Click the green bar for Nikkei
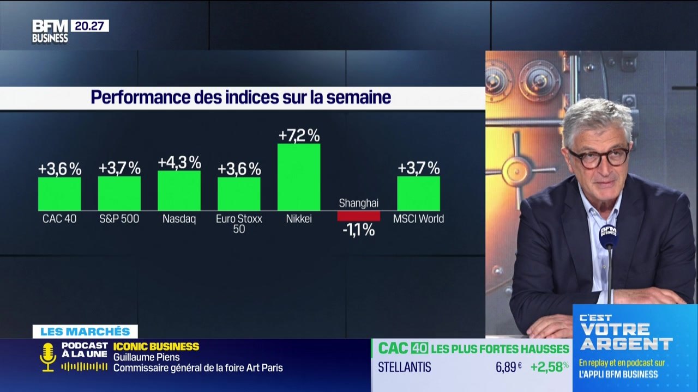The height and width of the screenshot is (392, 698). click(299, 177)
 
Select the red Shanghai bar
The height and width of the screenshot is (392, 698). click(358, 216)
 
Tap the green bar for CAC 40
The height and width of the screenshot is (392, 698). click(59, 193)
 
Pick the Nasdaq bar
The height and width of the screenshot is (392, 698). click(179, 191)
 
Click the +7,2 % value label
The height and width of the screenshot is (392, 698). click(299, 135)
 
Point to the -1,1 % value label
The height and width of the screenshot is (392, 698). click(358, 230)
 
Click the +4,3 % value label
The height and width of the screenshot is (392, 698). click(179, 162)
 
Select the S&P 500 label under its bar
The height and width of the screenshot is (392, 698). click(119, 219)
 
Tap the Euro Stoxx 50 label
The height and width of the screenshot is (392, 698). click(239, 224)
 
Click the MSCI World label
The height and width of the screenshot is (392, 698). click(418, 219)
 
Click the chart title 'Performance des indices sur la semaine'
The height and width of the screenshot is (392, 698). click(240, 97)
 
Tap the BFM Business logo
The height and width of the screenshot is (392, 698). click(50, 31)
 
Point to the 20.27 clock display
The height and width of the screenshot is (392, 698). click(89, 26)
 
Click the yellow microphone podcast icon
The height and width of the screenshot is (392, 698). click(48, 357)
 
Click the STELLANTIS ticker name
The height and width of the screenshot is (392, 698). click(404, 367)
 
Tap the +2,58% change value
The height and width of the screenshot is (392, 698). click(549, 367)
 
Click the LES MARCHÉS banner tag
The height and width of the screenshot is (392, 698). click(85, 332)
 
